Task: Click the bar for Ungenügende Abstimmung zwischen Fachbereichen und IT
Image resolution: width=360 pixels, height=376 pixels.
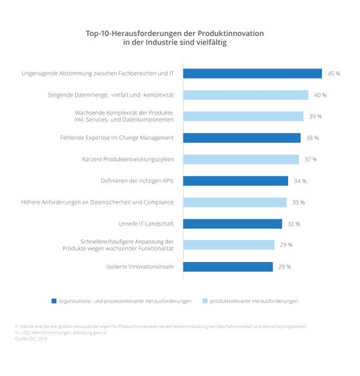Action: click(253, 73)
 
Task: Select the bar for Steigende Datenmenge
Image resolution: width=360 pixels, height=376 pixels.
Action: click(246, 95)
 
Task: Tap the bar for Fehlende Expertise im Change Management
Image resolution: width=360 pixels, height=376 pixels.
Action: click(243, 138)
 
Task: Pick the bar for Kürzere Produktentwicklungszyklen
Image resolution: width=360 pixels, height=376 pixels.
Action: click(241, 159)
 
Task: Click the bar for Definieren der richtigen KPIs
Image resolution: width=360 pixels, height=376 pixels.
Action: click(236, 181)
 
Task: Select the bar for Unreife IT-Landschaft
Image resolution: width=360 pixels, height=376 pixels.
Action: click(233, 224)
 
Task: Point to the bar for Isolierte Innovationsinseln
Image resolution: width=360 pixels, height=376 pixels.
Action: click(228, 267)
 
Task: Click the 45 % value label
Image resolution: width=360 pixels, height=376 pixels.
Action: click(333, 73)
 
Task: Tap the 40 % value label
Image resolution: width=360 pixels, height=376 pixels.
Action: click(320, 95)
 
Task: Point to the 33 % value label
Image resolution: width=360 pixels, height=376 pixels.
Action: click(297, 202)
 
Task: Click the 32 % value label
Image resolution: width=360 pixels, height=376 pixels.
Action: click(294, 224)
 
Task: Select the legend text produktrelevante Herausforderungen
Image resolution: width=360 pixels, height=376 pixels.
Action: click(253, 301)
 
